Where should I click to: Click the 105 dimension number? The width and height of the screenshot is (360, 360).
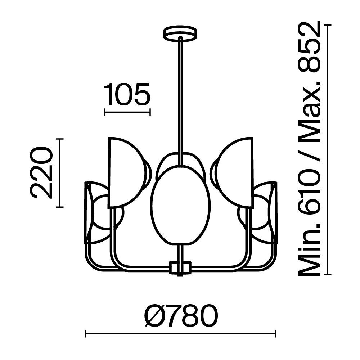click(x=127, y=94)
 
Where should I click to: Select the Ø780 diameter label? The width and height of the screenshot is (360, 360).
click(x=181, y=315)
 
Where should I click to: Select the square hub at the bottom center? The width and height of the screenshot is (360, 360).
click(x=180, y=267)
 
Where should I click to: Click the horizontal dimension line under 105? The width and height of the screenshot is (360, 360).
click(x=127, y=112)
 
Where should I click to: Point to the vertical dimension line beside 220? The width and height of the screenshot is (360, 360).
click(x=60, y=173)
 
